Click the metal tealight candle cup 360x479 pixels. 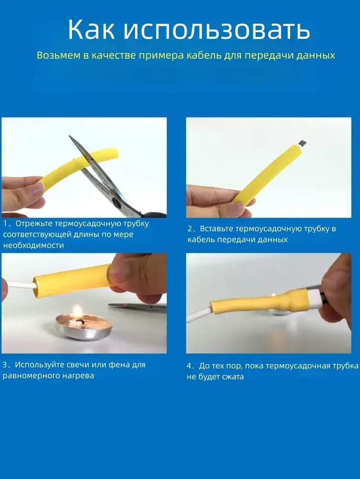(x=84, y=329)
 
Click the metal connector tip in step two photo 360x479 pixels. (x=302, y=143)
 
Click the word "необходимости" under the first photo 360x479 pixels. (x=33, y=245)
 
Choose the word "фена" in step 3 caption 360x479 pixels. (x=119, y=365)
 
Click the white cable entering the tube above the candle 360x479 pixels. (x=20, y=286)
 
